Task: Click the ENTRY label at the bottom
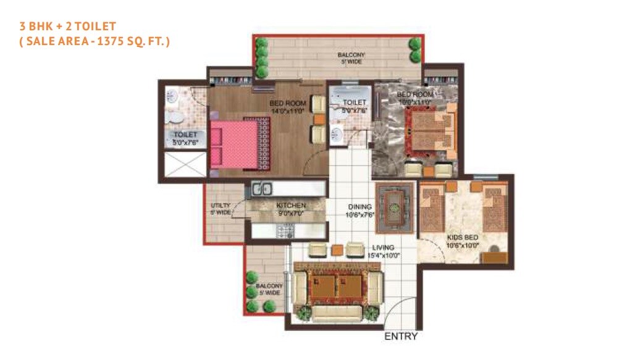401,337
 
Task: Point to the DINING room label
359,207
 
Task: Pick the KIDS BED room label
463,237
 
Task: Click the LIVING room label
383,248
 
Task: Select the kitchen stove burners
285,231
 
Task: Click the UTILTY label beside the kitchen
220,205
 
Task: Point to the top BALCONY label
351,56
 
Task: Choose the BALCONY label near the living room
269,287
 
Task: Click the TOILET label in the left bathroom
185,135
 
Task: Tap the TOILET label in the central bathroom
355,103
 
